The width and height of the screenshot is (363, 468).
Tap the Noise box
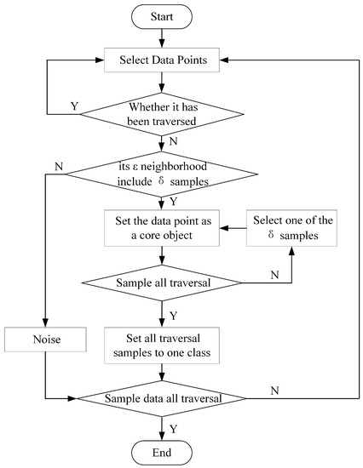click(x=43, y=340)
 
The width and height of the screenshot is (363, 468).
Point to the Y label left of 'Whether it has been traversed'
click(x=73, y=106)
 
